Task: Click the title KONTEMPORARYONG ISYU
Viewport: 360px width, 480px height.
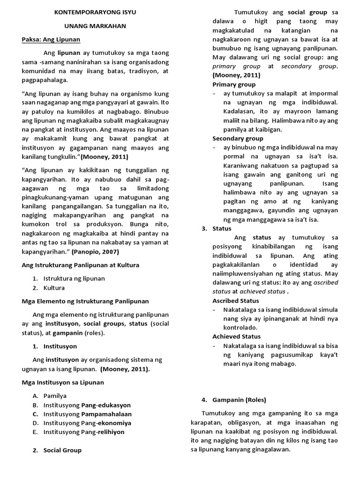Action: pyautogui.click(x=95, y=12)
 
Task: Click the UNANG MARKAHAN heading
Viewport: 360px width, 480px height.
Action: pyautogui.click(x=95, y=26)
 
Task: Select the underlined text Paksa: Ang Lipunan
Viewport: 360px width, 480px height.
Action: pyautogui.click(x=51, y=39)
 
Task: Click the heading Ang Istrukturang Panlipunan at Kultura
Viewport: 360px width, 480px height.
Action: pyautogui.click(x=81, y=265)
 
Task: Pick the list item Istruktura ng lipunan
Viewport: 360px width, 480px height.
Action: pyautogui.click(x=74, y=278)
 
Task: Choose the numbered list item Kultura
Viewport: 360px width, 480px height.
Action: pyautogui.click(x=54, y=288)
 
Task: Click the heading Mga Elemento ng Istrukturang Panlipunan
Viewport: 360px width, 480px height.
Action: pyautogui.click(x=85, y=301)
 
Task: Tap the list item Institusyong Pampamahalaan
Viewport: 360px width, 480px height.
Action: pyautogui.click(x=88, y=414)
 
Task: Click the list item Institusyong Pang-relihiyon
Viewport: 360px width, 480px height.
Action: pyautogui.click(x=84, y=432)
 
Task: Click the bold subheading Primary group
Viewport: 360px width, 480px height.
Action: pyautogui.click(x=234, y=84)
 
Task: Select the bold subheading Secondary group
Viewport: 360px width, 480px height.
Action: pyautogui.click(x=238, y=138)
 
